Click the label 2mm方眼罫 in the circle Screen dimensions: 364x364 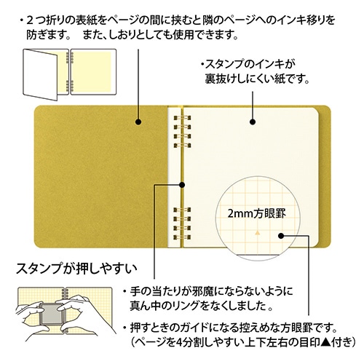[x=256, y=214]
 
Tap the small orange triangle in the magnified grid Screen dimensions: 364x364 [x=258, y=233]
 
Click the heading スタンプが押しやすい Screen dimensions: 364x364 [x=76, y=269]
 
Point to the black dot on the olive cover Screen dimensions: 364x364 [x=138, y=122]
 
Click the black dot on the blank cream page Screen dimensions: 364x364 [x=253, y=122]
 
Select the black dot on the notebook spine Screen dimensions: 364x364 [x=181, y=185]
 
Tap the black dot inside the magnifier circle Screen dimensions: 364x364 [x=281, y=236]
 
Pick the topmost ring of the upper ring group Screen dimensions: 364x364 [x=182, y=118]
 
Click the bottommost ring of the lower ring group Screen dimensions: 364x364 [x=182, y=237]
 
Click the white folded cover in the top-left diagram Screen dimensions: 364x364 [x=40, y=74]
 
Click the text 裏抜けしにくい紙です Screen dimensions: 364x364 [x=257, y=79]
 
